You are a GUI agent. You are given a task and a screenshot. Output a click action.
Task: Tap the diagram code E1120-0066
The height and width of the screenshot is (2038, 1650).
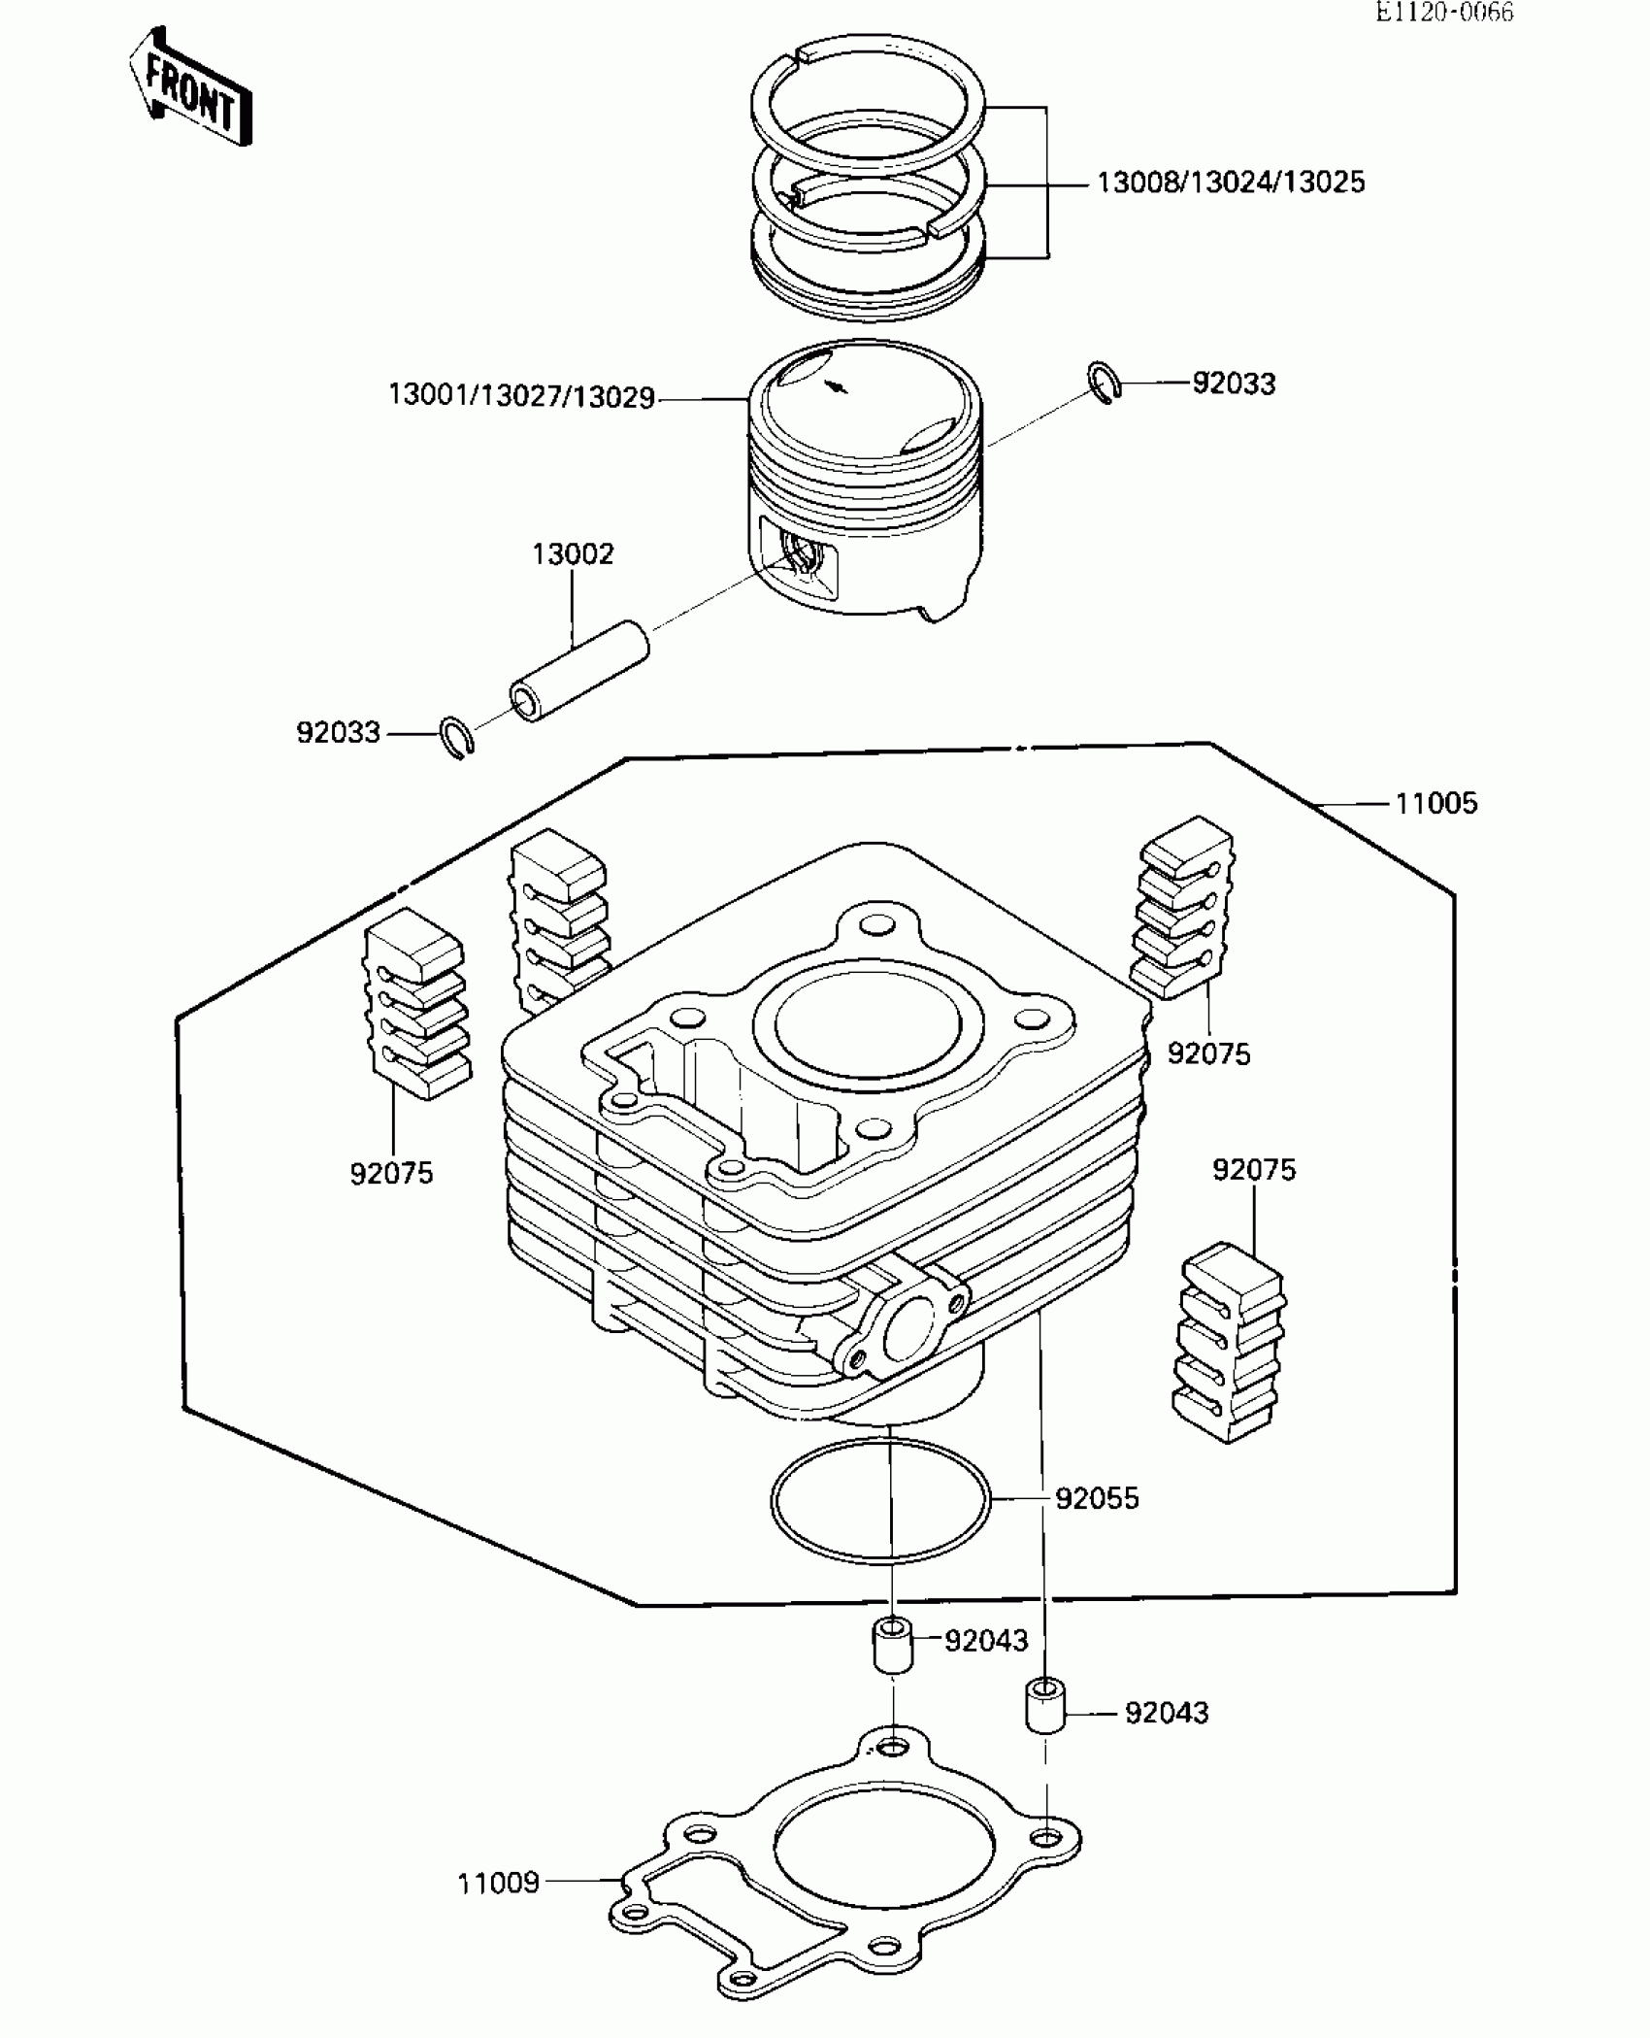1444,13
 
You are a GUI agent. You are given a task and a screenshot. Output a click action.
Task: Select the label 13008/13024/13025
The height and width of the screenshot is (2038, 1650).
1231,183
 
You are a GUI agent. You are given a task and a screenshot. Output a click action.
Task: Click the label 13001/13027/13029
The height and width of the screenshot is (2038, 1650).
521,397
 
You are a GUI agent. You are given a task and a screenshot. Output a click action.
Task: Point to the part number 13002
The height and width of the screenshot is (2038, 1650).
573,554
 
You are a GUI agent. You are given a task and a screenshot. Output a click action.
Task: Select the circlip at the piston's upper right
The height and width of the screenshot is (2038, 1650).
1104,382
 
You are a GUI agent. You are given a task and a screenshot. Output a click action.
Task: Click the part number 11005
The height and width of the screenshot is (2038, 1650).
1436,804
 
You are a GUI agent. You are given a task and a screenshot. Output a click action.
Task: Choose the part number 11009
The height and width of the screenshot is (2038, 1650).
498,1884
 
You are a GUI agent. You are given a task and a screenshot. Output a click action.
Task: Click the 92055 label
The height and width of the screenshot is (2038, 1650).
1097,1498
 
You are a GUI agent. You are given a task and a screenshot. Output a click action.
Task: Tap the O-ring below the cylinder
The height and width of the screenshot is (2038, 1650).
879,1501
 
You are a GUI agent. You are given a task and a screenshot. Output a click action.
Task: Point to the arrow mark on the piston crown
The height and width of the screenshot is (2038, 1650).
835,386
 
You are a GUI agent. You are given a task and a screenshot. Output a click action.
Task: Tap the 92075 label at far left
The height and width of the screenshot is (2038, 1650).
391,1174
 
